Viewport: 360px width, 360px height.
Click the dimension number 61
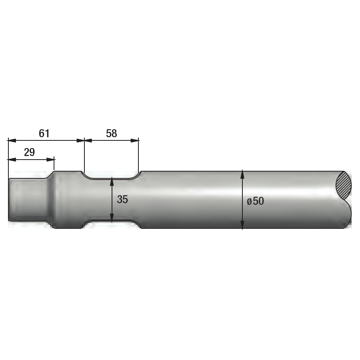44,133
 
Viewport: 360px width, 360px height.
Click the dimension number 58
112,133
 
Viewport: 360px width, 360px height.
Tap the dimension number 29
29,152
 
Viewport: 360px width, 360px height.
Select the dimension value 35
122,199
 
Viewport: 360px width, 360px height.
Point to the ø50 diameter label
255,201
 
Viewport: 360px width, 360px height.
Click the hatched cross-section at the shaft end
344,186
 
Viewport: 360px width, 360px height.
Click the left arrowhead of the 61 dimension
12,140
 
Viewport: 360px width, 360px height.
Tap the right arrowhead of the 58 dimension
135,140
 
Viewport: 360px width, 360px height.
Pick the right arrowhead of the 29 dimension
50,160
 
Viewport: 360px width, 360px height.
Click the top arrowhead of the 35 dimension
112,181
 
